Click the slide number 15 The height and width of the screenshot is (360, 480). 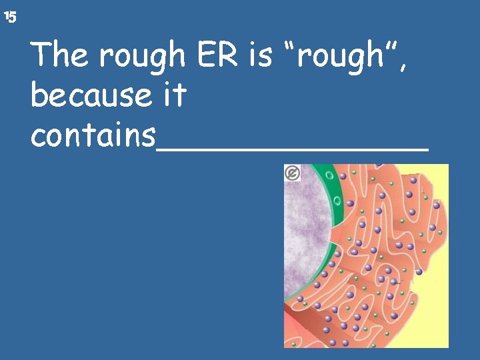pos(9,17)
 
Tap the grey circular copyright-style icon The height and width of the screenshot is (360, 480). pos(292,173)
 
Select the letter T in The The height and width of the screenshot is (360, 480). pos(41,55)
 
